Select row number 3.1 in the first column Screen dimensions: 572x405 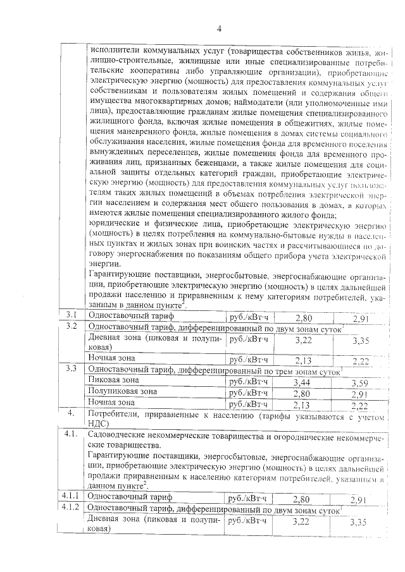pyautogui.click(x=72, y=314)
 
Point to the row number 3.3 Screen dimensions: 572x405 pyautogui.click(x=72, y=368)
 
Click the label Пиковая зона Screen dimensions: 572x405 pyautogui.click(x=114, y=380)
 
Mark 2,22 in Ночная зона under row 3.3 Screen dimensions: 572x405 pyautogui.click(x=359, y=405)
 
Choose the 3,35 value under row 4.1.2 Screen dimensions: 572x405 pyautogui.click(x=359, y=523)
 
